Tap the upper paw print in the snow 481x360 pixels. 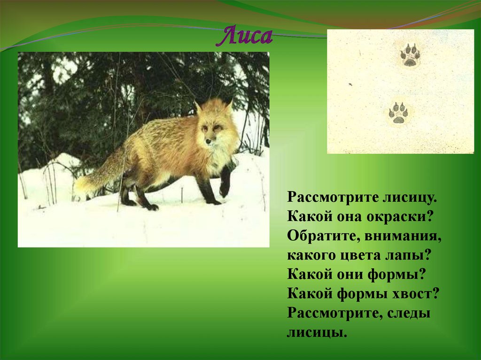pyautogui.click(x=410, y=55)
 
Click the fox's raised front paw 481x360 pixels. pyautogui.click(x=225, y=190)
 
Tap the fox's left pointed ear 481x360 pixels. pyautogui.click(x=198, y=107)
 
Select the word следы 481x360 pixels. pyautogui.click(x=410, y=314)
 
